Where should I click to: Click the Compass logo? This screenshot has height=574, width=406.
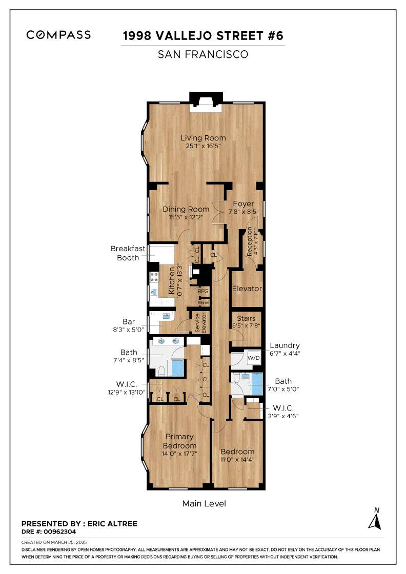coord(58,35)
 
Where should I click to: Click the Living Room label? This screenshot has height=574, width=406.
coord(203,138)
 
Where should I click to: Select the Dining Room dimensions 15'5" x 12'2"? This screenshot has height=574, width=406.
coord(186,217)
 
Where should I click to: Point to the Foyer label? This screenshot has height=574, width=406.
coord(243,203)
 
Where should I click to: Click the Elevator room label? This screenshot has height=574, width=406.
coord(247,289)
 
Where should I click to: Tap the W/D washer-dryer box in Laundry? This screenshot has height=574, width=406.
coord(253,358)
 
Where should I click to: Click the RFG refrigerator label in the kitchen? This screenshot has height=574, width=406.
coord(203,292)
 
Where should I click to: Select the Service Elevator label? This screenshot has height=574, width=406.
coord(200,322)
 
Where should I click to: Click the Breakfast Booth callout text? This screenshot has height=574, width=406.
coord(128,253)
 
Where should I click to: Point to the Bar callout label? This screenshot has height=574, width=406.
coord(129,321)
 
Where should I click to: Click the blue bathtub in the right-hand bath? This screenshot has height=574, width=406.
coord(257,384)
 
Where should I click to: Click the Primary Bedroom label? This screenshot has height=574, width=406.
coord(179,441)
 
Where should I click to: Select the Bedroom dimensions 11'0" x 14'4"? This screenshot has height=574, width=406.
coord(237,460)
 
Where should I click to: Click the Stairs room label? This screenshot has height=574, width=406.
coord(246,318)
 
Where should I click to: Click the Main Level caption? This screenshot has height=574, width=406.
coord(204,504)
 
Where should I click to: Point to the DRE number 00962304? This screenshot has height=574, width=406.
coord(59,531)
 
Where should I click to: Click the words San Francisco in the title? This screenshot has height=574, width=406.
coord(203,54)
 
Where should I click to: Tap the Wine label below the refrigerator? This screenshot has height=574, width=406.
coord(203,303)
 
